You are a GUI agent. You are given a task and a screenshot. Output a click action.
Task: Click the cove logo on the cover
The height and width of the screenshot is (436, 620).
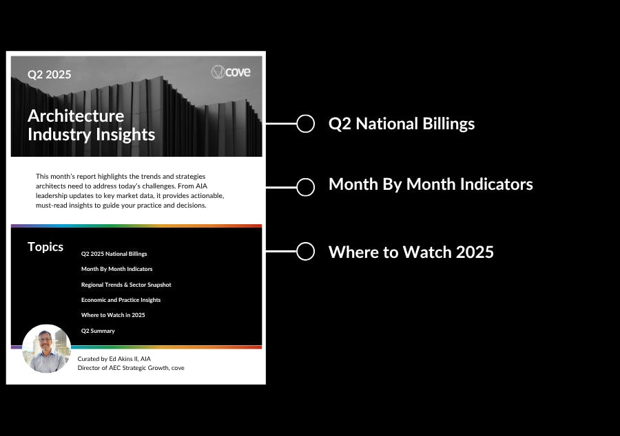coord(231,72)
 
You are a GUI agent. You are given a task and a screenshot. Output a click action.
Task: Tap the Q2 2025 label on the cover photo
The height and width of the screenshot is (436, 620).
coord(50,74)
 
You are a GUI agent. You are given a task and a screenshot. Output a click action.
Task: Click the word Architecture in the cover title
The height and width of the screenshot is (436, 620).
coord(76,116)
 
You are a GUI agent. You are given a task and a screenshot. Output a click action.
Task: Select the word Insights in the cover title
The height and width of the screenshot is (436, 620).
coord(125,135)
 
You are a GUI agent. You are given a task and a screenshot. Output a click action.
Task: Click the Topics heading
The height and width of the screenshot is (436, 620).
coord(45,247)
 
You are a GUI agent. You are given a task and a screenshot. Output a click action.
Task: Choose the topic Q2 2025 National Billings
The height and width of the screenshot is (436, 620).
coord(114,254)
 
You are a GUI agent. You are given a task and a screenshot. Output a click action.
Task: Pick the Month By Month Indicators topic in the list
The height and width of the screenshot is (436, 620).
coord(116,269)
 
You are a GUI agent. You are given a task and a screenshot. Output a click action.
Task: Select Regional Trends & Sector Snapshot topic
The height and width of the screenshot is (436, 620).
coord(126,285)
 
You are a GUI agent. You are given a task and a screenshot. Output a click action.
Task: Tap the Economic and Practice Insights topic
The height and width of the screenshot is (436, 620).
coord(121,300)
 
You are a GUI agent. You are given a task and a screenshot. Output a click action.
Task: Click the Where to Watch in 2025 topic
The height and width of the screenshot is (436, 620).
coord(113,315)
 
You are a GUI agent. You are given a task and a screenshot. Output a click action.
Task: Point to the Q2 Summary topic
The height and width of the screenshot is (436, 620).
coord(98,331)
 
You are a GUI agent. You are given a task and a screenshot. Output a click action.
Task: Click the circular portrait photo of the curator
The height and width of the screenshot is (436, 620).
coord(47,349)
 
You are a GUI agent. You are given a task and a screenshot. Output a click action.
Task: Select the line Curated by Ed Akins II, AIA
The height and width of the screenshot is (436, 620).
coord(114,359)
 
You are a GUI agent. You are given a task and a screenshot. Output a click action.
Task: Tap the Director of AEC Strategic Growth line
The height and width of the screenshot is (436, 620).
coord(131,368)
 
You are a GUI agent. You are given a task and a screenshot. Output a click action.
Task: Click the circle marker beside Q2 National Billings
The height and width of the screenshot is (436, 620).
coord(306,116)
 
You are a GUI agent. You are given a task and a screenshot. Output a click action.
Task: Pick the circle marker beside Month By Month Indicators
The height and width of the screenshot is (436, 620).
coord(306,178)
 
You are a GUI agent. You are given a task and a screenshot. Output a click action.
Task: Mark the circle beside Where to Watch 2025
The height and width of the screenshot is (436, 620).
coord(306,243)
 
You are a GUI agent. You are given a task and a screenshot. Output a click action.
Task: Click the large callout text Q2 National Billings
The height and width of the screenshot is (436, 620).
coord(402,124)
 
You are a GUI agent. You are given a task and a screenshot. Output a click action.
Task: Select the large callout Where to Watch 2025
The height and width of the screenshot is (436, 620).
coord(411,252)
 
